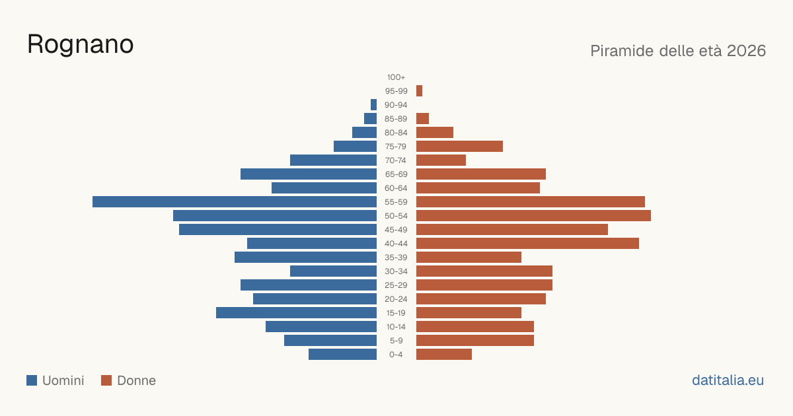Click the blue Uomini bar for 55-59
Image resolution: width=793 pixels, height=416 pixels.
[235, 201]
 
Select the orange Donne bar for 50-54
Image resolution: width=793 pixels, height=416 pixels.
[533, 215]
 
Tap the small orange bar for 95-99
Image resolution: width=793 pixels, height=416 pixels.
[419, 91]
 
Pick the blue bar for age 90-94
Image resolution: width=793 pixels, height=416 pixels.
[373, 105]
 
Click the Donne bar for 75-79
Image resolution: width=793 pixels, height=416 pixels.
[459, 146]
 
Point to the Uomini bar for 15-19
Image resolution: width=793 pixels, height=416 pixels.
[296, 313]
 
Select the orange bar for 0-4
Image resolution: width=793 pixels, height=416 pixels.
[444, 354]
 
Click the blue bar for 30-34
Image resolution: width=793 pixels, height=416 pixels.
[333, 271]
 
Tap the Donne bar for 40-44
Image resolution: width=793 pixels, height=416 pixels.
[527, 244]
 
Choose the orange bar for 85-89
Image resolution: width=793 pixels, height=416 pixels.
[422, 118]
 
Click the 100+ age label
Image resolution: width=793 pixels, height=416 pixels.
[396, 77]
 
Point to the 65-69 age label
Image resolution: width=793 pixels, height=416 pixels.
[396, 174]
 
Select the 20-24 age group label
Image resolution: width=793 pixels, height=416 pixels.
[396, 299]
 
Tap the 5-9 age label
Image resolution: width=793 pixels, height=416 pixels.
[396, 341]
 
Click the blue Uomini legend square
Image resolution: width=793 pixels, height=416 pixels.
[32, 380]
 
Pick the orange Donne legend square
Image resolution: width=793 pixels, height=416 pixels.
[106, 380]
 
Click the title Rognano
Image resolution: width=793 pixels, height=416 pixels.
[81, 45]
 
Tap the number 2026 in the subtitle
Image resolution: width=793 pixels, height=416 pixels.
[746, 51]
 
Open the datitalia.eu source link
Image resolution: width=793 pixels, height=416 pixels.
[728, 380]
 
